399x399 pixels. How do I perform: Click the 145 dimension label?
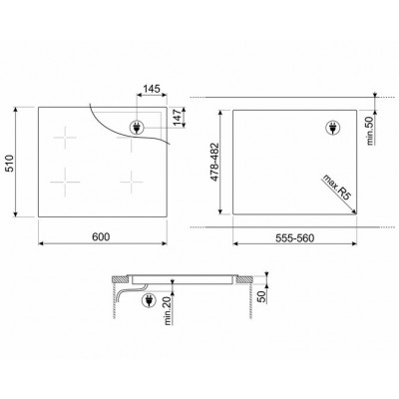152,89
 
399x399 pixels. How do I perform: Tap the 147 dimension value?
179,117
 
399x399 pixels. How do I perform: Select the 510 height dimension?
10,163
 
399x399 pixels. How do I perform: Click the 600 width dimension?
101,236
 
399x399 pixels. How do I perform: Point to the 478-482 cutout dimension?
215,162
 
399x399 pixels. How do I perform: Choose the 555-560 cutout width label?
294,238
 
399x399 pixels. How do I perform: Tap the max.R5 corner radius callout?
336,187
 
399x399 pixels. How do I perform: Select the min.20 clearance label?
168,310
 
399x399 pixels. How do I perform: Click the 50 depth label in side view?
262,296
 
